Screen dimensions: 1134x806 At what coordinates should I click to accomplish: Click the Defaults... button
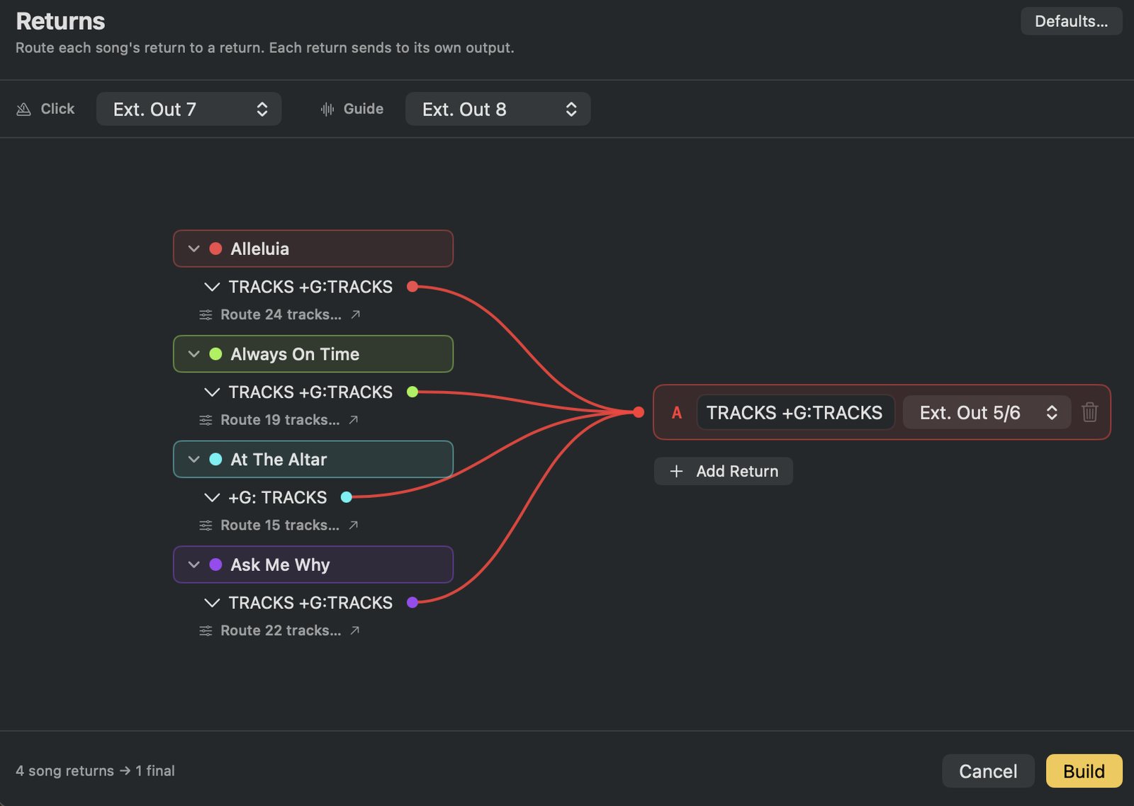click(x=1071, y=21)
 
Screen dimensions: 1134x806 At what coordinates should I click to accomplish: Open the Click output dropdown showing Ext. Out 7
click(x=189, y=109)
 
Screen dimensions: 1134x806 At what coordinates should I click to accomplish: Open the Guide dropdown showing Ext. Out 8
click(x=498, y=109)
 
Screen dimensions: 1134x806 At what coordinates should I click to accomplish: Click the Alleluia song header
click(x=313, y=249)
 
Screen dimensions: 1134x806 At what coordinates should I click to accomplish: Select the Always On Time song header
click(x=313, y=353)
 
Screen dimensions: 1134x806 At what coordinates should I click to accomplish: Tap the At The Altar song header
click(x=313, y=459)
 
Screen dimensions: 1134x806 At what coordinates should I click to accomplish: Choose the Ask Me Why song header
click(x=313, y=564)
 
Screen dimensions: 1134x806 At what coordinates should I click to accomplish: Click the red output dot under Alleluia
click(x=412, y=287)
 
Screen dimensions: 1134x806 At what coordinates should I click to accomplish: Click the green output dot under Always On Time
click(x=412, y=392)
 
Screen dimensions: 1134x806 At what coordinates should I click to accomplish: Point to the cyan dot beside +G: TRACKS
click(x=347, y=497)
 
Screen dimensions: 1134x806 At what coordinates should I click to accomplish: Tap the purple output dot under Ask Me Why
click(x=412, y=603)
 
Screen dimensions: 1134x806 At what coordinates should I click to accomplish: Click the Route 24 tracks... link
click(x=280, y=314)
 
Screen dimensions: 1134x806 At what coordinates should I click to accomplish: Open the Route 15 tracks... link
click(x=279, y=526)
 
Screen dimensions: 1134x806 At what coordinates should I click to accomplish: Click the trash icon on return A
click(x=1089, y=412)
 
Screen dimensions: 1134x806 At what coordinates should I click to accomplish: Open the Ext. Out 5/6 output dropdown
click(x=987, y=412)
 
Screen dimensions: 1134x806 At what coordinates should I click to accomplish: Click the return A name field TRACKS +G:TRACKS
click(x=795, y=412)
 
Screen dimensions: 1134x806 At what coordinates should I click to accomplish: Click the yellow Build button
click(x=1084, y=771)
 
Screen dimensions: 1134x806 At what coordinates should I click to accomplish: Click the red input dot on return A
click(x=639, y=412)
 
